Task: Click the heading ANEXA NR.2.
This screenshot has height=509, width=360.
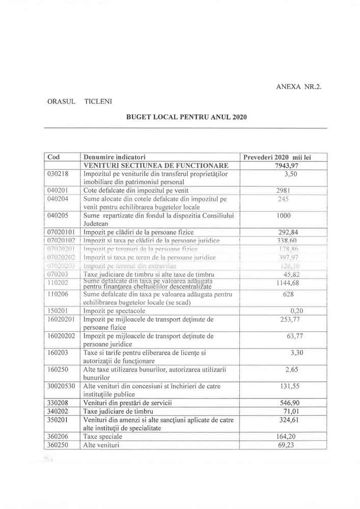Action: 299,87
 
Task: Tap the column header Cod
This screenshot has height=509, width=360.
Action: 53,157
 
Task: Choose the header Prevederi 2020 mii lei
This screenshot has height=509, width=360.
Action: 284,157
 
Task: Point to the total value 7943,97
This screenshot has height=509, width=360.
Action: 286,165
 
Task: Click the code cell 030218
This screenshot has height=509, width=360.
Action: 57,174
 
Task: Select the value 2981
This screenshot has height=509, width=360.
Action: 283,190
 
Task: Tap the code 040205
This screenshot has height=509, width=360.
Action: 57,215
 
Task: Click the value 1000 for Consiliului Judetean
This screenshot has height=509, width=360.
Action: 283,215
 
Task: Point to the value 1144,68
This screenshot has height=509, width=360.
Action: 286,283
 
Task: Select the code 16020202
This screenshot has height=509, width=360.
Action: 61,336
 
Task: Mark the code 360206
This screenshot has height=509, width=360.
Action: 57,436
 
